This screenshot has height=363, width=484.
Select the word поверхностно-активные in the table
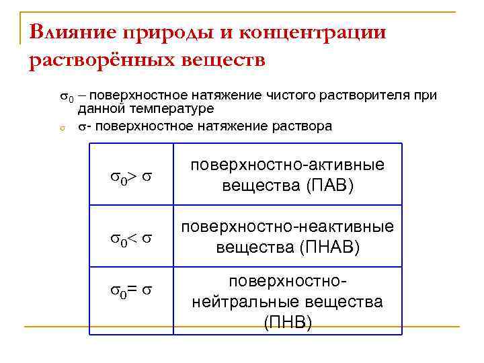(288, 166)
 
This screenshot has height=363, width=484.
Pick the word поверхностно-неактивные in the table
(288, 227)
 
